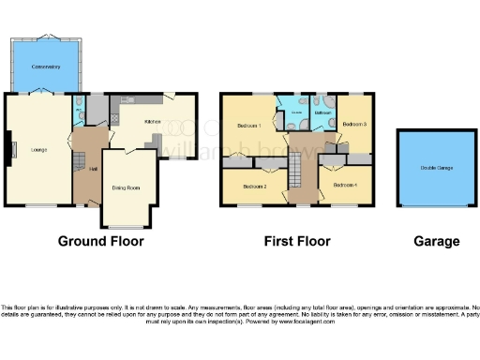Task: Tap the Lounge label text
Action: (x=37, y=150)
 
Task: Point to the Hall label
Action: (x=93, y=169)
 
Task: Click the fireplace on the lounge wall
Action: (x=11, y=147)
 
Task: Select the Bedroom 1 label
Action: (x=247, y=125)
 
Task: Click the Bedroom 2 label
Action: (x=253, y=186)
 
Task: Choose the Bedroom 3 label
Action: (x=352, y=124)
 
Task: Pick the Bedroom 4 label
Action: (x=344, y=185)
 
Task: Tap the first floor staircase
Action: (x=292, y=173)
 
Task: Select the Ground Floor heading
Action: (x=100, y=241)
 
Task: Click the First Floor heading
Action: (x=297, y=241)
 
